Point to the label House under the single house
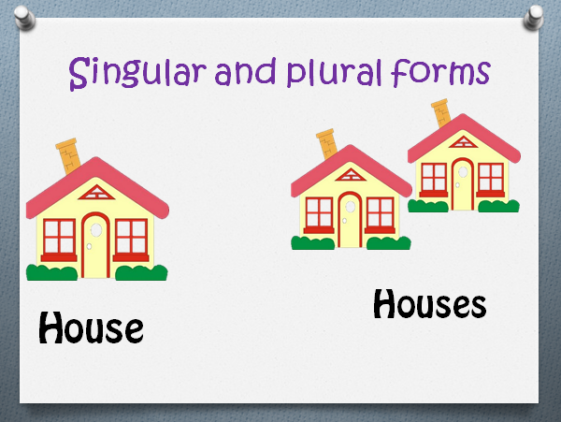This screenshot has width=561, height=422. point(92,327)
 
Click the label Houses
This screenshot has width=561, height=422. point(429,303)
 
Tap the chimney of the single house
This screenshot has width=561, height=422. point(67,156)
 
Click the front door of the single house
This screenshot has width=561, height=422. point(95,245)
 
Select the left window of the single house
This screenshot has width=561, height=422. point(60,237)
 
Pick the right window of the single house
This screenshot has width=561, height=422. point(131,237)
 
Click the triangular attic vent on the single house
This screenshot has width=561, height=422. point(95,194)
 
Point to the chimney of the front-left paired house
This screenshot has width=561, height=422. point(326,145)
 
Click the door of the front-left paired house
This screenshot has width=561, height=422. point(350,220)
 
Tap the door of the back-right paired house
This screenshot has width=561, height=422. point(462,183)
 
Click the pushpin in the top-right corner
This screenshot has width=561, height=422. point(537,16)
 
